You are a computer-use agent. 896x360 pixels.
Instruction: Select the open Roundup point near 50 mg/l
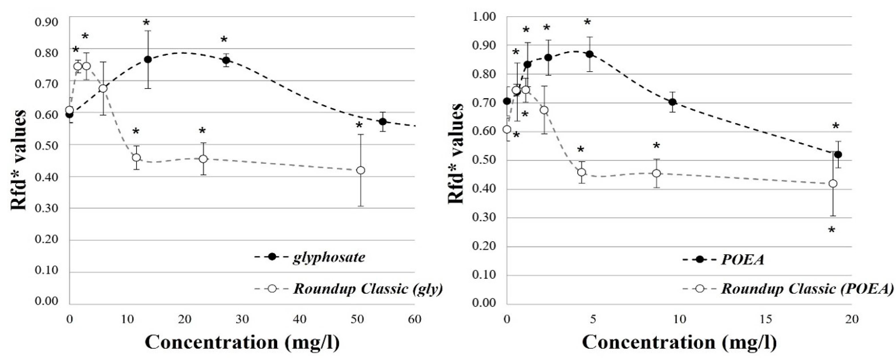[361, 170]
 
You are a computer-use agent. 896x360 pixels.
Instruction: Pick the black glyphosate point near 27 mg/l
[226, 60]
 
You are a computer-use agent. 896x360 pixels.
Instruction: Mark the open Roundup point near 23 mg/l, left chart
[203, 159]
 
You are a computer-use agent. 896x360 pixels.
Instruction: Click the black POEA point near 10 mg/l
[673, 102]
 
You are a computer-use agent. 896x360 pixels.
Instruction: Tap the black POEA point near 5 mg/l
[590, 54]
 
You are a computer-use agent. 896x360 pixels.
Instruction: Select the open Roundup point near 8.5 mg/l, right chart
[656, 173]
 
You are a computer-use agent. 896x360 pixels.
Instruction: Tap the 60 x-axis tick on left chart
[414, 319]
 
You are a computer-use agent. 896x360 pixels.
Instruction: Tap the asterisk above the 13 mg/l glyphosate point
[146, 23]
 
